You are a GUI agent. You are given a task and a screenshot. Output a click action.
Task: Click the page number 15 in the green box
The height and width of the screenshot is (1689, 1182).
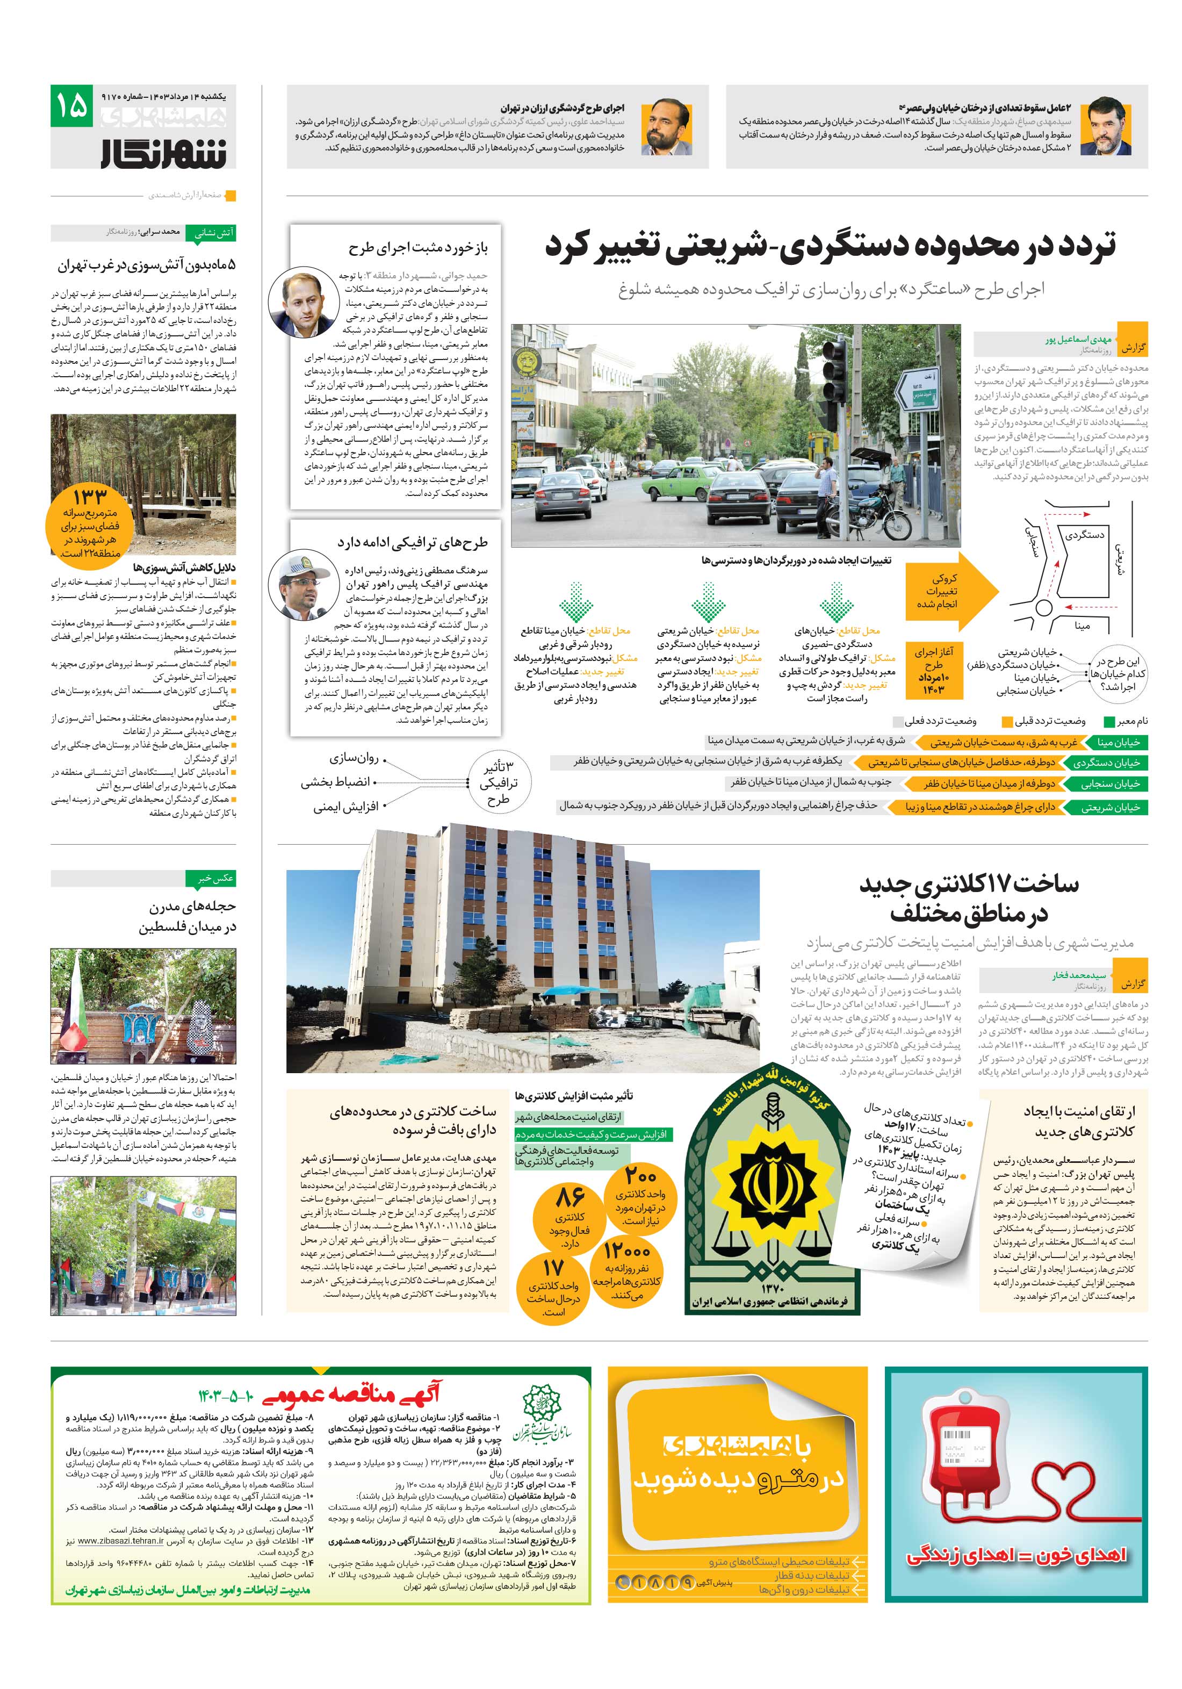coord(71,106)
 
